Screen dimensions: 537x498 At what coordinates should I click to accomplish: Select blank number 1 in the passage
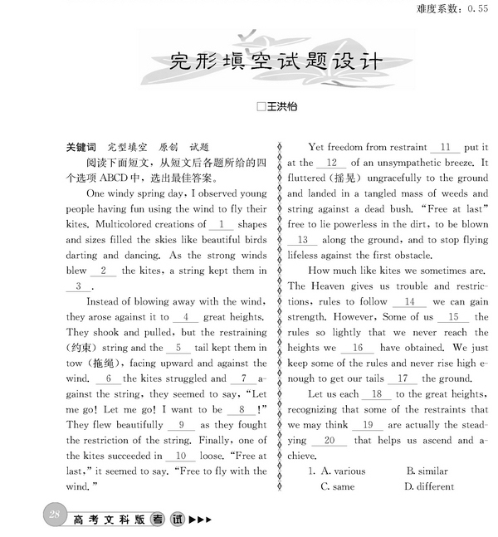point(221,224)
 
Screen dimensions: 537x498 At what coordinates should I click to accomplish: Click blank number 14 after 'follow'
point(409,301)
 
